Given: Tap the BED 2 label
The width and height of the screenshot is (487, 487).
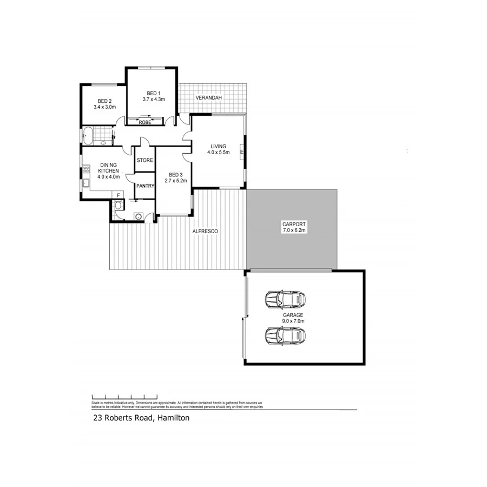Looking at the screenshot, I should click(104, 101).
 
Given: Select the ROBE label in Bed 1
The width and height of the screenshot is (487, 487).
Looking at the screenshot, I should click(145, 123).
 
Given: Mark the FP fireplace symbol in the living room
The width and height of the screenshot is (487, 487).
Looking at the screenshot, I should click(241, 152).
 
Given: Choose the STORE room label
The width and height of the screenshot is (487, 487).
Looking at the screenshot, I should click(144, 161).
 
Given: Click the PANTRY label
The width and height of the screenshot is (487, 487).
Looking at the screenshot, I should click(146, 186).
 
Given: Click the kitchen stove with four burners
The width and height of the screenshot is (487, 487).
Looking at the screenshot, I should click(85, 172).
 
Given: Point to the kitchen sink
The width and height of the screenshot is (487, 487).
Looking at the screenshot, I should click(85, 183).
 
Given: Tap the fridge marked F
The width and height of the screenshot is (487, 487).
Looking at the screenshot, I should click(117, 195).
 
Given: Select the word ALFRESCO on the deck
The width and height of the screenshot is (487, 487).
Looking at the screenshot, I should click(206, 232).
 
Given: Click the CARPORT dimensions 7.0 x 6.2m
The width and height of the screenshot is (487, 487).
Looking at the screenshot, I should click(294, 231).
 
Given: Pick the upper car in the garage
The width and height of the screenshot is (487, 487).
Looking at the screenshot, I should click(285, 299).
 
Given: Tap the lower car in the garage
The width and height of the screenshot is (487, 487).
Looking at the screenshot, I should click(285, 335).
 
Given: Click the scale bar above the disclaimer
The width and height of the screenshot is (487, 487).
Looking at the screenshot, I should click(124, 397).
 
